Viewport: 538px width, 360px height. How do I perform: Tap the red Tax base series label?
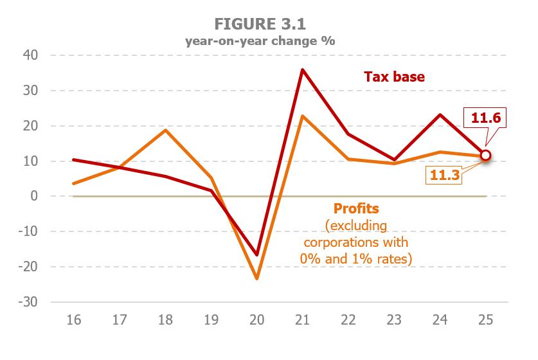tap(394, 76)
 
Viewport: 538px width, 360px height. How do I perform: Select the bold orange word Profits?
tap(355, 209)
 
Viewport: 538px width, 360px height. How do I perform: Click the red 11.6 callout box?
tap(485, 118)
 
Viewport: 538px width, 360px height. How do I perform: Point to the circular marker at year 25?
tap(485, 155)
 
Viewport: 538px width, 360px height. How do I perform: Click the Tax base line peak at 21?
tap(302, 69)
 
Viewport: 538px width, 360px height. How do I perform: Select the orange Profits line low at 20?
tap(257, 278)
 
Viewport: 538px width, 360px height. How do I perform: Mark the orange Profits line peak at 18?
tap(166, 130)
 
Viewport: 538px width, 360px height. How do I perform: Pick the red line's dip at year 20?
tap(257, 255)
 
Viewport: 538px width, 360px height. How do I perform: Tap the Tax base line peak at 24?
tap(440, 114)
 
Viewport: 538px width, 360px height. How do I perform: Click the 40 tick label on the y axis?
tap(31, 55)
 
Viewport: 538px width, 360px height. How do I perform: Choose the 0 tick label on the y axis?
tap(35, 196)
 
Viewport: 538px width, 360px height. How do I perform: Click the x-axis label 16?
tap(74, 320)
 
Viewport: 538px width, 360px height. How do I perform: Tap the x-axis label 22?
tap(348, 320)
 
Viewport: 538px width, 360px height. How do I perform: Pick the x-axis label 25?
tap(485, 320)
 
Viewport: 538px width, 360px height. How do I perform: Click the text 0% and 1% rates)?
tap(355, 258)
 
